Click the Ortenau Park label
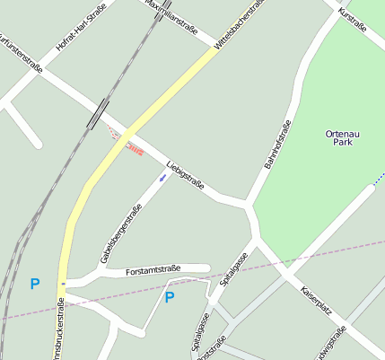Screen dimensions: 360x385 pyautogui.click(x=342, y=137)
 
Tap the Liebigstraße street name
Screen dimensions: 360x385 pyautogui.click(x=186, y=176)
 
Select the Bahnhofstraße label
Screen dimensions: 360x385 pyautogui.click(x=277, y=145)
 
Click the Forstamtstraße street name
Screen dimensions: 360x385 pyautogui.click(x=153, y=269)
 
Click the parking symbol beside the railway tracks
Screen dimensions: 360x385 pyautogui.click(x=35, y=285)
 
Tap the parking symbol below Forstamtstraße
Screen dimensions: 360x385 pyautogui.click(x=169, y=297)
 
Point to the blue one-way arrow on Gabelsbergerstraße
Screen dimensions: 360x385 pyautogui.click(x=162, y=178)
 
